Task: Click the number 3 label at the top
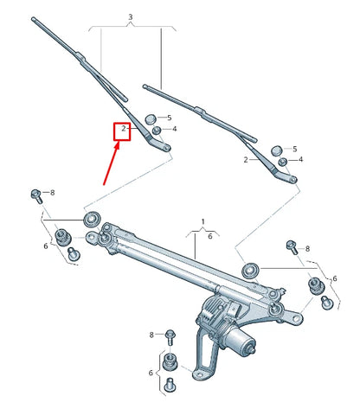pyautogui.click(x=130, y=17)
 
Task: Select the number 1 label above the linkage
pyautogui.click(x=203, y=221)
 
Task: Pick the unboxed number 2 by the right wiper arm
pyautogui.click(x=246, y=160)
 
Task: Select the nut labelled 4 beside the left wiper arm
pyautogui.click(x=157, y=131)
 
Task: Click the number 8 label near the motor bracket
pyautogui.click(x=151, y=335)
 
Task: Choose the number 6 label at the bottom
pyautogui.click(x=151, y=373)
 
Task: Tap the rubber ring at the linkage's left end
pyautogui.click(x=91, y=214)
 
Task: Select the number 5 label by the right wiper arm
pyautogui.click(x=294, y=149)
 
